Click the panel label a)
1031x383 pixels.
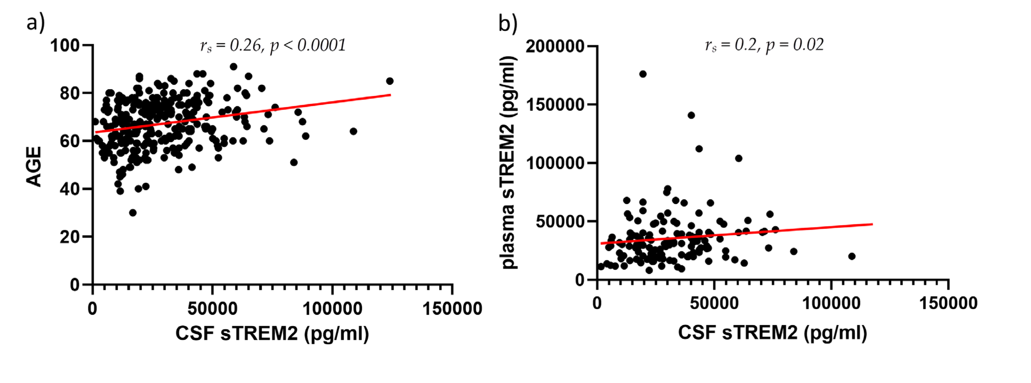[35, 23]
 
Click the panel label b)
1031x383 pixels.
[507, 23]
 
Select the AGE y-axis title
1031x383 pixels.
[34, 166]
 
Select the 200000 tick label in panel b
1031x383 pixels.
[555, 46]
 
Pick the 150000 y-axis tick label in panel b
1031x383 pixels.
[555, 105]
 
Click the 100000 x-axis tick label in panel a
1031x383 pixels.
[332, 309]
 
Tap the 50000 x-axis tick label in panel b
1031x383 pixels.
[714, 303]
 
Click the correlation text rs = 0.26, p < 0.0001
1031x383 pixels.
[273, 45]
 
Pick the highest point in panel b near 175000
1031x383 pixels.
[643, 74]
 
